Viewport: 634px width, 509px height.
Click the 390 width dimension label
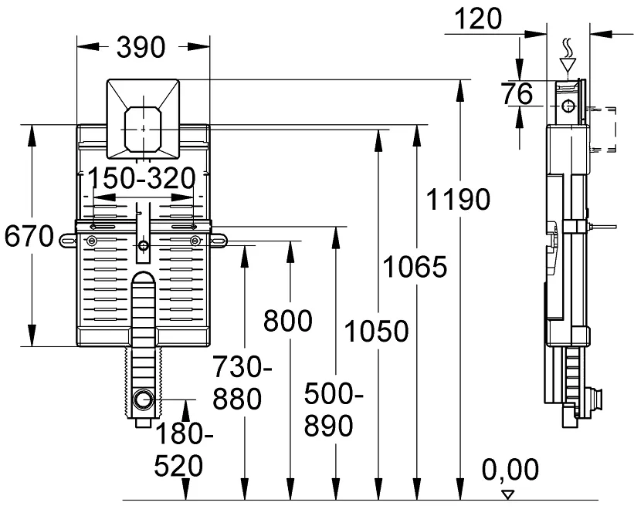coord(141,47)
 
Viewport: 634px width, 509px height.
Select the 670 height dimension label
coord(29,236)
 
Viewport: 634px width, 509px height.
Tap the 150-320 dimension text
coord(141,178)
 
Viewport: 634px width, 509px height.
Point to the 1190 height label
coord(458,200)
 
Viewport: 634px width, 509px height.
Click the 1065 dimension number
coord(415,267)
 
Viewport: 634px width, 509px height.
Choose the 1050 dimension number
coord(376,331)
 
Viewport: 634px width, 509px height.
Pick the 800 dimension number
coord(288,321)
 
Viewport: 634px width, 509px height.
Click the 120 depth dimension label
coord(478,19)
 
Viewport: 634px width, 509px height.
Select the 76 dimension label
coord(517,94)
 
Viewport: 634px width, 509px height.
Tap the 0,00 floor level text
coord(510,470)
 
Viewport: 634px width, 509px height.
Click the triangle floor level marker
coord(507,495)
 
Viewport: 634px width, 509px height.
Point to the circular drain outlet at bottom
coord(143,399)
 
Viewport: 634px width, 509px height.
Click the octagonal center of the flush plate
coord(143,129)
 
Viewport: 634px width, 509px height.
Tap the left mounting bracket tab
coord(68,241)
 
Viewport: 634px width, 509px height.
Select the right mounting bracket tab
coord(219,241)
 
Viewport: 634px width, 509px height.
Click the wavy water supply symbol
coord(568,49)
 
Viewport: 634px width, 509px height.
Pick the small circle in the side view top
coord(568,106)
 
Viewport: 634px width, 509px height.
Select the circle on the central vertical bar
coord(143,245)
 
